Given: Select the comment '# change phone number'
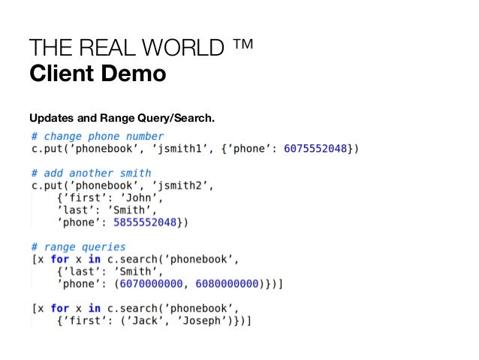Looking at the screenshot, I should pyautogui.click(x=97, y=136).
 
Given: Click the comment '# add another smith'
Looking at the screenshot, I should pyautogui.click(x=91, y=173).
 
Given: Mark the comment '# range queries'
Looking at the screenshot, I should pyautogui.click(x=78, y=247).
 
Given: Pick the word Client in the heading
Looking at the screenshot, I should pyautogui.click(x=59, y=75).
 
